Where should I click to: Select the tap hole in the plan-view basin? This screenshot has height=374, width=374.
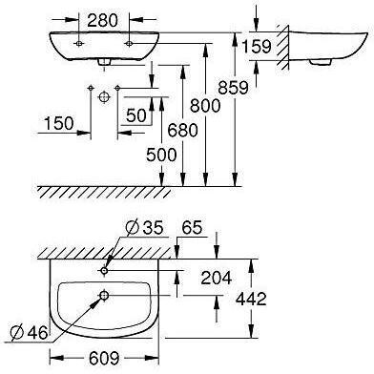pyautogui.click(x=102, y=270)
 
